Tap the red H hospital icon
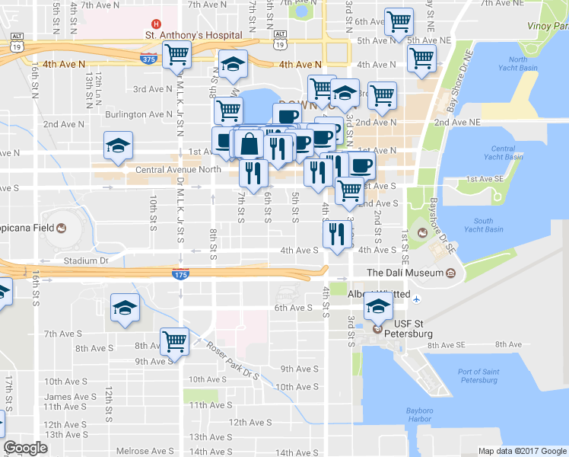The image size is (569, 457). [156, 23]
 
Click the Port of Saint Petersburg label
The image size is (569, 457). [479, 376]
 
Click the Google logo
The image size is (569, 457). [25, 448]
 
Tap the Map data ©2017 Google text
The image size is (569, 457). [522, 451]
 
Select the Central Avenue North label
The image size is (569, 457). [177, 170]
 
